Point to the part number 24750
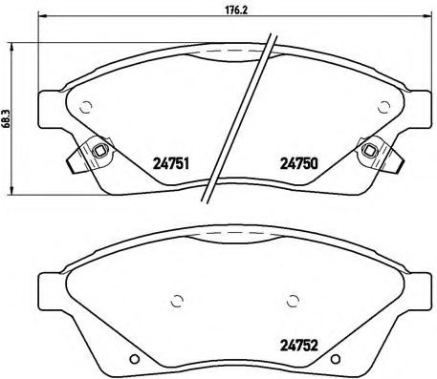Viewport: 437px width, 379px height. (x=296, y=163)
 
